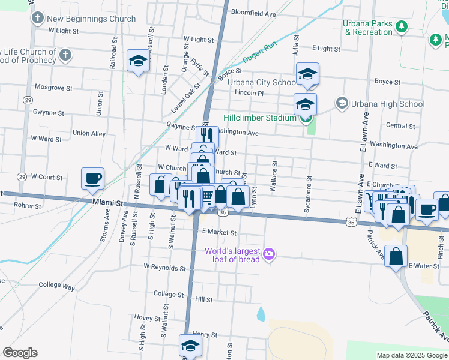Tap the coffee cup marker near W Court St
pyautogui.click(x=93, y=179)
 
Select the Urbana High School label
pyautogui.click(x=387, y=104)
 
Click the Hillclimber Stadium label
pyautogui.click(x=259, y=118)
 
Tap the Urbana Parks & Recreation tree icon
pyautogui.click(x=402, y=26)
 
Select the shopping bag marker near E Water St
pyautogui.click(x=396, y=256)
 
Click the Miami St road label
pyautogui.click(x=107, y=203)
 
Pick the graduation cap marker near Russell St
pyautogui.click(x=138, y=61)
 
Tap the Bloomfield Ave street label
pyautogui.click(x=253, y=13)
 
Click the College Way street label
pyautogui.click(x=56, y=287)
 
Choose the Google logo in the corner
pyautogui.click(x=20, y=353)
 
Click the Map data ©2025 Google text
pyautogui.click(x=412, y=355)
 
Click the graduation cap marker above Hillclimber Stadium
pyautogui.click(x=307, y=74)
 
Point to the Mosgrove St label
pyautogui.click(x=53, y=88)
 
